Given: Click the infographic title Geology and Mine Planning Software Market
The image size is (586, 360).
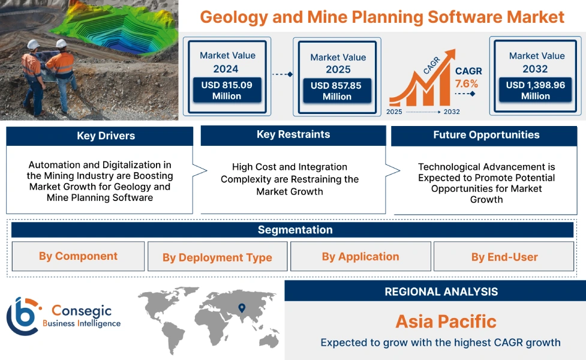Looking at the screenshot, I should point(382,16).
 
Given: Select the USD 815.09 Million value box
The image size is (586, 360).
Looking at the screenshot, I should point(227,91).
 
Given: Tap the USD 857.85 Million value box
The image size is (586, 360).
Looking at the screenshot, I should point(337,91).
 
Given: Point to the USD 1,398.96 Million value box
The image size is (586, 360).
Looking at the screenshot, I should point(536,91).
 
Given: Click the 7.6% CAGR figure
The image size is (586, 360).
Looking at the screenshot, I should point(466,83).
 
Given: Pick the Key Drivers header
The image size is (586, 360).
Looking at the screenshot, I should point(100,136).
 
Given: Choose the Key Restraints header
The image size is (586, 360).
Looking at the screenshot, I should point(293,135).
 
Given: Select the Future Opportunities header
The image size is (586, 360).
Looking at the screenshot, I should point(486,136).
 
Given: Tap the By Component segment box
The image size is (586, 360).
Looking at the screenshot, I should point(79,256).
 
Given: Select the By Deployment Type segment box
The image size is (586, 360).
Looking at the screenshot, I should point(217,257).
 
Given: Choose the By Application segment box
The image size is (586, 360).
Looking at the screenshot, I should point(360,257).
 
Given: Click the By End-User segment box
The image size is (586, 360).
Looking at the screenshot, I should point(504,257).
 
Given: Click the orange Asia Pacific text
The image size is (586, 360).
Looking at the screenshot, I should point(446,321).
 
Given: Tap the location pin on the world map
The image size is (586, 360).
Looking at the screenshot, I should point(242,308).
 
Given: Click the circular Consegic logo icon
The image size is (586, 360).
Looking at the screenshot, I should point(22,316).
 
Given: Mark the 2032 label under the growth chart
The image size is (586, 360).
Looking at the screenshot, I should point(451,112).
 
